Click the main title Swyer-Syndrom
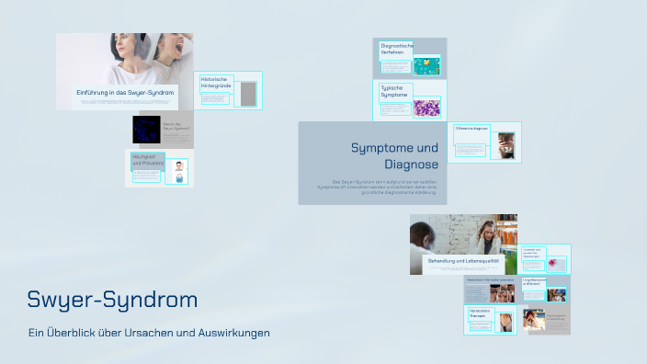[x=112, y=300]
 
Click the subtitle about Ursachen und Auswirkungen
[x=149, y=333]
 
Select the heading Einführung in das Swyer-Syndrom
[x=125, y=93]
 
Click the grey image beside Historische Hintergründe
[x=247, y=95]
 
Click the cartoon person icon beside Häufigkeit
[x=179, y=170]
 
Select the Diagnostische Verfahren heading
[x=397, y=49]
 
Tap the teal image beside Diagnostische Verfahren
[x=426, y=66]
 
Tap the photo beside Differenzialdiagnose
[x=502, y=145]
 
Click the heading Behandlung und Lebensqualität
[x=463, y=261]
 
